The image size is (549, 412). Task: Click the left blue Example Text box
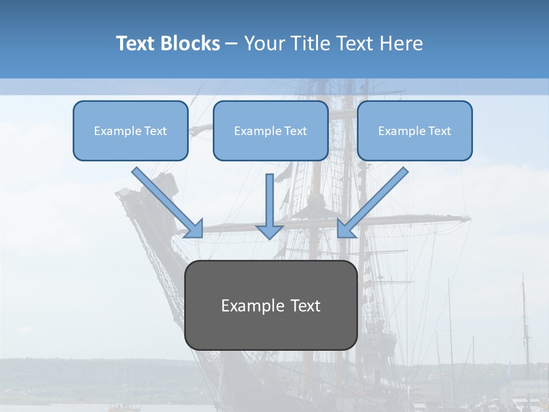(130, 131)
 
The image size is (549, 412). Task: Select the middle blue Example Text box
(270, 131)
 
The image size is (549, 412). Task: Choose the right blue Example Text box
(415, 131)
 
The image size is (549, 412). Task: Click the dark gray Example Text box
(270, 305)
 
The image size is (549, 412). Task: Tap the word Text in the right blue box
(439, 131)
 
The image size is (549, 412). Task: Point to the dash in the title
(232, 44)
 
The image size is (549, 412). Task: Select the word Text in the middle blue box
(295, 131)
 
